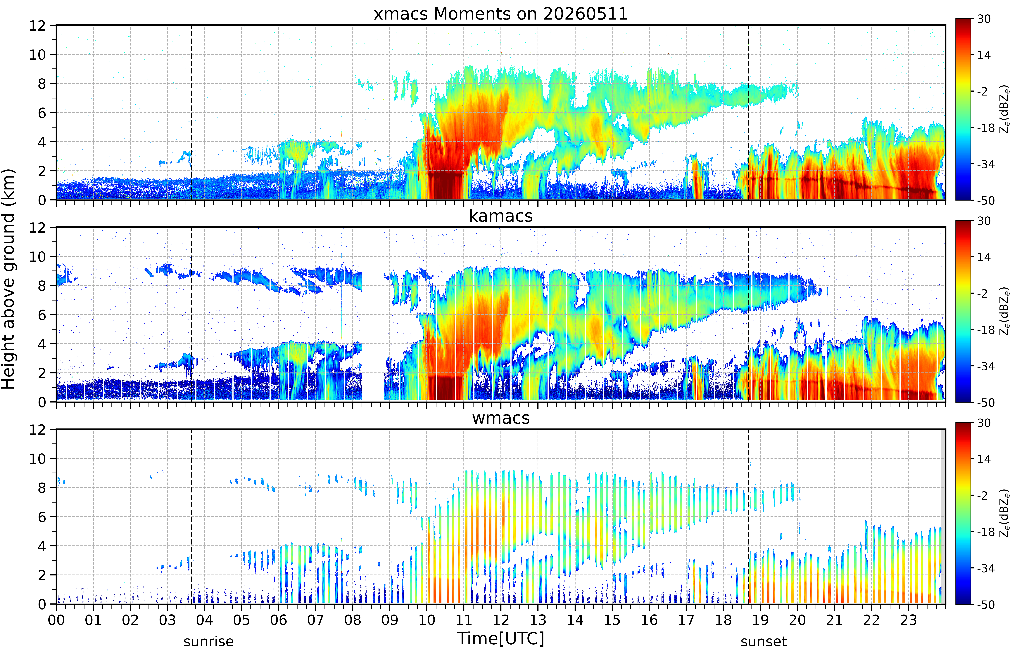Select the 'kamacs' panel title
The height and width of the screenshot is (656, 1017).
pyautogui.click(x=501, y=216)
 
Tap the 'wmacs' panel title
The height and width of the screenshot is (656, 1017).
pyautogui.click(x=501, y=418)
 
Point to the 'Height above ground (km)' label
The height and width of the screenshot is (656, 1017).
pyautogui.click(x=8, y=279)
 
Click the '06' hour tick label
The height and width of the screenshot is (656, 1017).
pyautogui.click(x=278, y=620)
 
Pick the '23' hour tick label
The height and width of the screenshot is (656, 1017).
pyautogui.click(x=908, y=620)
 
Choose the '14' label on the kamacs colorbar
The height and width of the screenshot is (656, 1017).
pyautogui.click(x=984, y=257)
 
